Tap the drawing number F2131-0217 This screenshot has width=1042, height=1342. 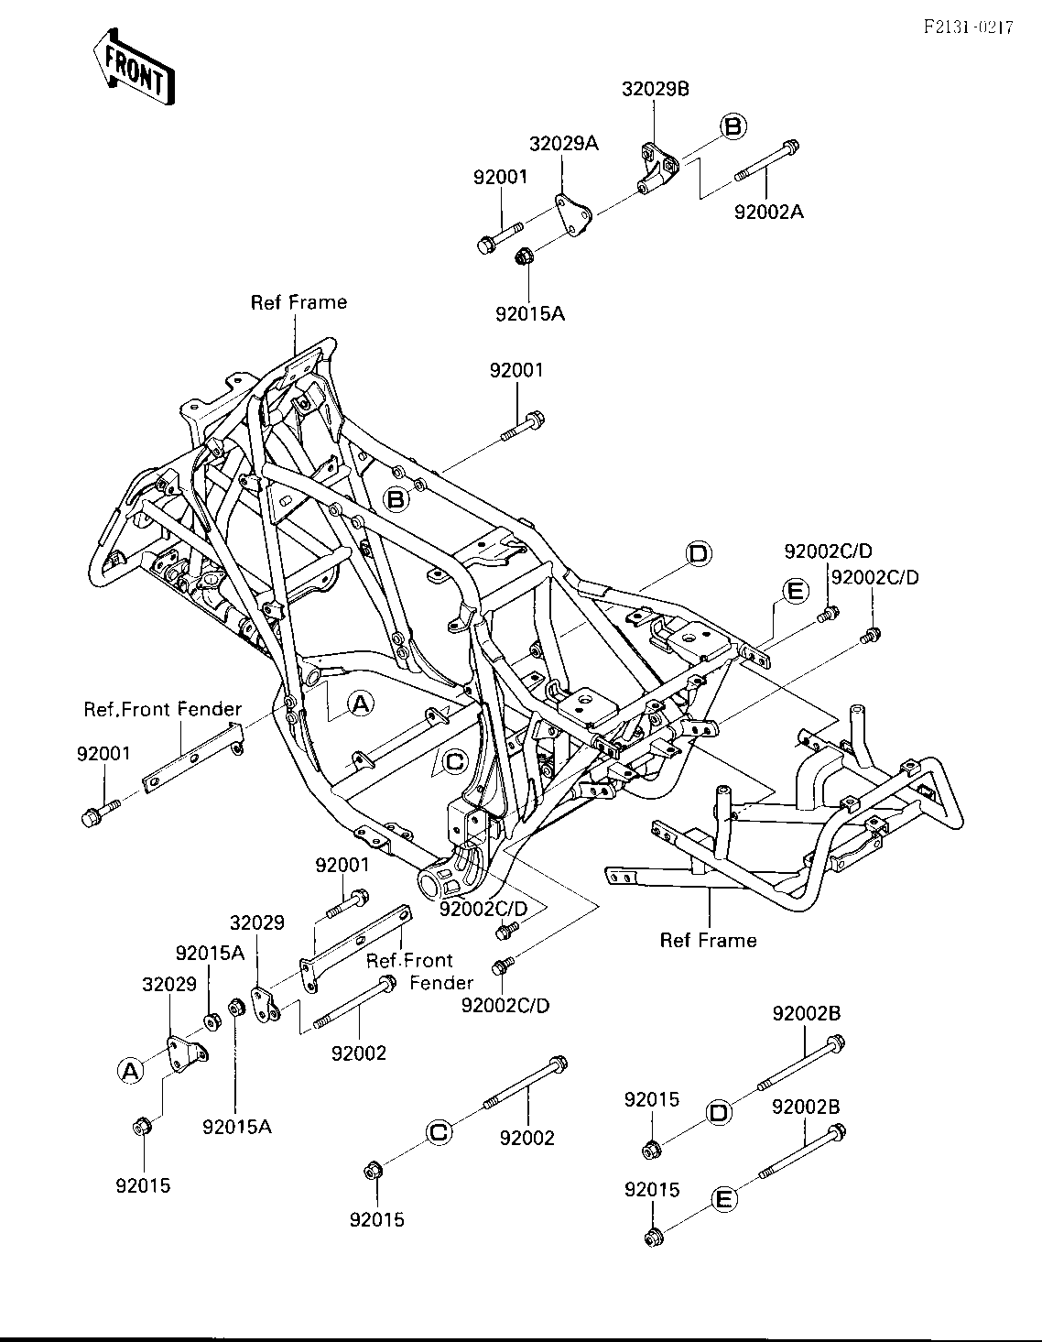(969, 27)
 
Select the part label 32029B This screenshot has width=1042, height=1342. (655, 90)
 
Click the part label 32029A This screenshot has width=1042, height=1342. (564, 144)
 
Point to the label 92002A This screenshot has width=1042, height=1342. (769, 213)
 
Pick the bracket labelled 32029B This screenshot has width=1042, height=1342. (657, 168)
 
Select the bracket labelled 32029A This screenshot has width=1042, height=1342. (573, 216)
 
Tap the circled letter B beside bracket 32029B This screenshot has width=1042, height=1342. (733, 126)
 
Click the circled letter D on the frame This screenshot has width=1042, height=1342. (698, 553)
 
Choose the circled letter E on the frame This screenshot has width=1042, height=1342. (796, 591)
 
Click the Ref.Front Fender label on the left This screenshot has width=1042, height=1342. (163, 709)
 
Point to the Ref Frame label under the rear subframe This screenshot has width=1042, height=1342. (708, 941)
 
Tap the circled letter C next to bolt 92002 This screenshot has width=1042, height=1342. (439, 1132)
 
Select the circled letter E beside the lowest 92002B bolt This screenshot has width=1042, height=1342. (724, 1200)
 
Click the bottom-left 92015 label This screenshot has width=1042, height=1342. (143, 1185)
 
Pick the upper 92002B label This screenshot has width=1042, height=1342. (806, 1013)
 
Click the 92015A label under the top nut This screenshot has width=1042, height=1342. (530, 314)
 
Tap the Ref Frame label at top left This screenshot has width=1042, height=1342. (298, 302)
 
